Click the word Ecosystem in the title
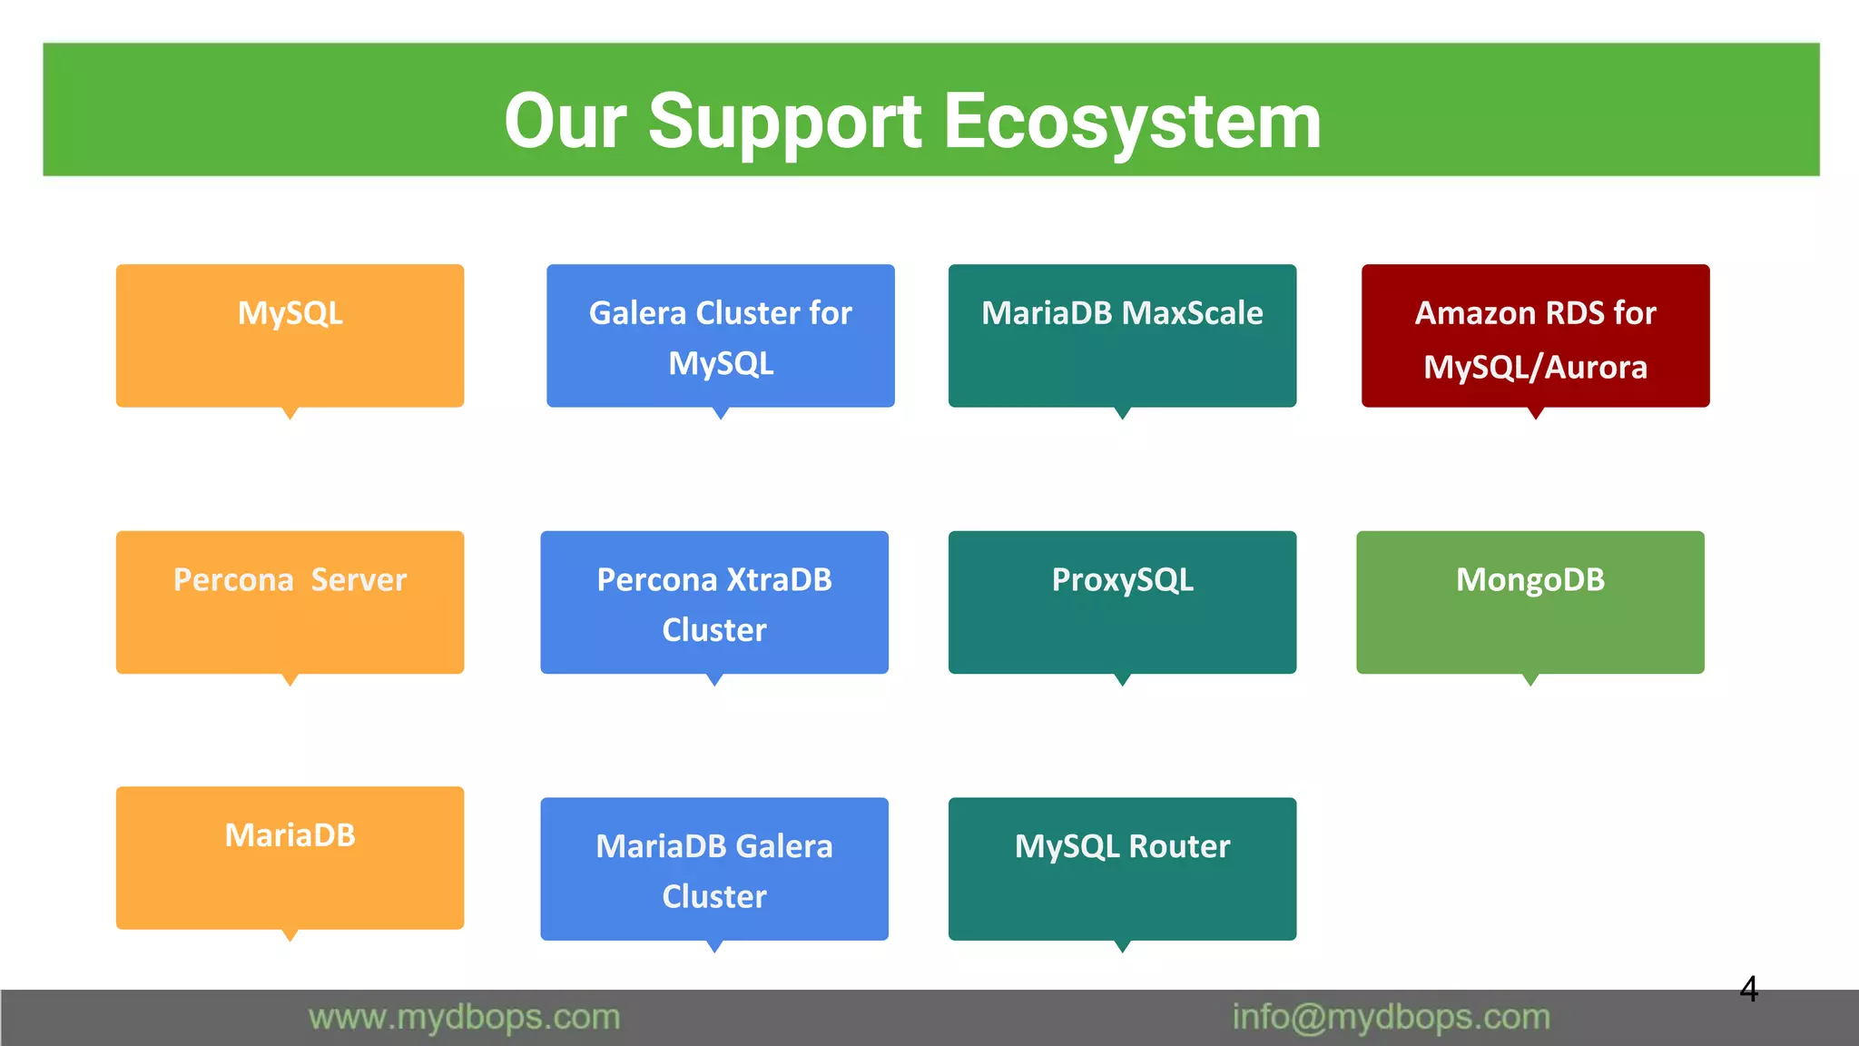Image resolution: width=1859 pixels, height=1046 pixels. (x=1132, y=122)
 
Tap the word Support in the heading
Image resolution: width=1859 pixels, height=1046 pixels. (x=785, y=122)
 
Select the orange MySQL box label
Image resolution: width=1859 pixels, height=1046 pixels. (x=290, y=313)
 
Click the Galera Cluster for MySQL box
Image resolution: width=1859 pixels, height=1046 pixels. (x=720, y=336)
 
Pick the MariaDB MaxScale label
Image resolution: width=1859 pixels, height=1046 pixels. (x=1122, y=313)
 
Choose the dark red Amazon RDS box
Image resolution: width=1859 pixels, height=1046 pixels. (x=1535, y=336)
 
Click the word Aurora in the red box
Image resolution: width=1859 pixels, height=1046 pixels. (x=1596, y=368)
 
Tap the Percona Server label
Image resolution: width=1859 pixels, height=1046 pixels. (x=290, y=580)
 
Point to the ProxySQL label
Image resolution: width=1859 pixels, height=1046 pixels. (x=1122, y=580)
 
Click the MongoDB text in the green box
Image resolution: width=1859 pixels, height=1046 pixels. (x=1529, y=580)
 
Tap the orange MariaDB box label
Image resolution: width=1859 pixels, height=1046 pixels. (x=290, y=835)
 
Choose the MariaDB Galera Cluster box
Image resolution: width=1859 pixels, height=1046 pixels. (x=713, y=870)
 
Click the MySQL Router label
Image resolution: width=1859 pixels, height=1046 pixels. (x=1122, y=847)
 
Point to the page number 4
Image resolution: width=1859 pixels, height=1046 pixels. (x=1748, y=989)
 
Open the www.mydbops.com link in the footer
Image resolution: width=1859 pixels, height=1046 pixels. (x=464, y=1018)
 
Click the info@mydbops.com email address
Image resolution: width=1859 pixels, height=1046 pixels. (x=1391, y=1018)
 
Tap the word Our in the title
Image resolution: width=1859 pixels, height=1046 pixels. (x=566, y=122)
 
